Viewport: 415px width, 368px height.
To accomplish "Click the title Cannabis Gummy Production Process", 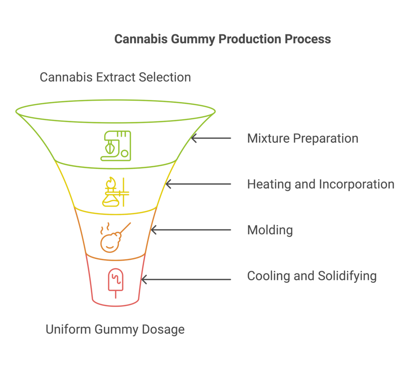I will point(222,39).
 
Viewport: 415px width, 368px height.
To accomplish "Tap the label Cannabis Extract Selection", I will point(115,77).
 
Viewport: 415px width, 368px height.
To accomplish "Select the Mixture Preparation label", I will point(302,138).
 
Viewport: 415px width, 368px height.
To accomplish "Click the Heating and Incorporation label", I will point(321,184).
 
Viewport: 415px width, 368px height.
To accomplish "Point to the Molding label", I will point(270,230).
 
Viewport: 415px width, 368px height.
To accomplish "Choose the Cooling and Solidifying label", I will point(312,276).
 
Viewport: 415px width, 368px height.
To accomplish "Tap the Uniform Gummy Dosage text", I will point(115,329).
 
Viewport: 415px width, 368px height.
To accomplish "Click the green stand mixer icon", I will point(116,146).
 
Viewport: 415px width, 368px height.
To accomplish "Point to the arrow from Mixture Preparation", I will point(211,138).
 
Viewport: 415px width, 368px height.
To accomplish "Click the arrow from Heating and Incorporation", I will point(198,184).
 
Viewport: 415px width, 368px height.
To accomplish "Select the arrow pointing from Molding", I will point(190,230).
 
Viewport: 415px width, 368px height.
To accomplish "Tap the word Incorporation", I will point(357,184).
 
